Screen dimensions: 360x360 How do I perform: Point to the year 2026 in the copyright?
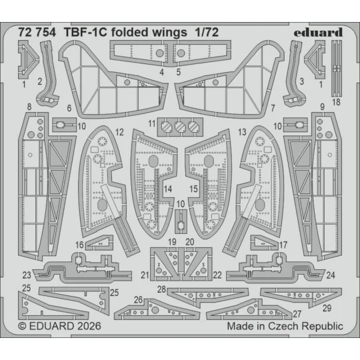coord(75,327)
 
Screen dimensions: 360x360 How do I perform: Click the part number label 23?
coord(26,275)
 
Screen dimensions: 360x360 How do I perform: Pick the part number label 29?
coord(327,308)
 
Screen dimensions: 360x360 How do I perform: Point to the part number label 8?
coord(30,106)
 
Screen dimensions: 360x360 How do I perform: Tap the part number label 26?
coord(139,299)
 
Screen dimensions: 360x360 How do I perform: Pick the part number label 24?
coord(331,275)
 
